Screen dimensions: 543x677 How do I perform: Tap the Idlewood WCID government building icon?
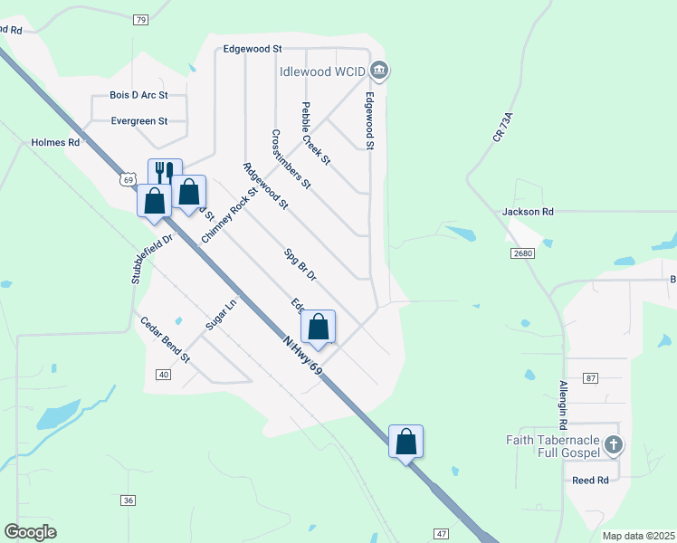pos(380,70)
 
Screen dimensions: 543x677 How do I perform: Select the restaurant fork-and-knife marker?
pos(164,172)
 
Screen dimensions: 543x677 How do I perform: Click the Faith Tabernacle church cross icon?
pos(614,444)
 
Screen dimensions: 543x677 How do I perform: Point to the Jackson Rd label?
pos(528,211)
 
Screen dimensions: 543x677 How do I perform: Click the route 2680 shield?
pos(522,253)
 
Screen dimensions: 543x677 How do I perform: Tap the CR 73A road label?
pos(503,126)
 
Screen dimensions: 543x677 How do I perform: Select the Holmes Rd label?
pos(55,142)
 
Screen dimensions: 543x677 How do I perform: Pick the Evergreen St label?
pos(139,119)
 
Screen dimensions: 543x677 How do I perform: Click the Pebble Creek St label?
pos(317,132)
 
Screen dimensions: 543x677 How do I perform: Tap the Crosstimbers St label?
pos(291,158)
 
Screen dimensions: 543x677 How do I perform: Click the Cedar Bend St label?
pos(165,339)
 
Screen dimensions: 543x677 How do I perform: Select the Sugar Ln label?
pos(220,314)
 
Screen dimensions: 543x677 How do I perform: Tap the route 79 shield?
pos(139,19)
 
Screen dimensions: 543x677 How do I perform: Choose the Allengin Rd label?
pos(562,405)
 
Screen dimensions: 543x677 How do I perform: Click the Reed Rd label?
pos(590,480)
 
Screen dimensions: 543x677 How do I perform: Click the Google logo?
pos(30,531)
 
